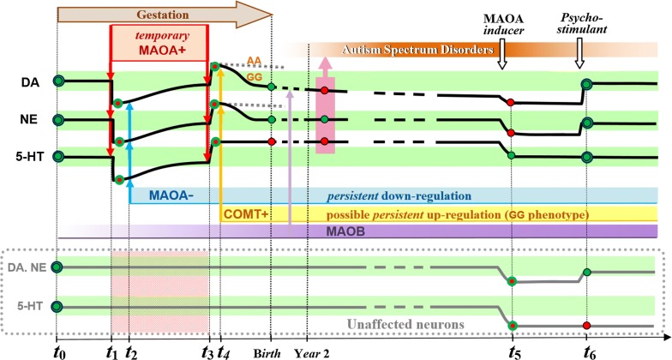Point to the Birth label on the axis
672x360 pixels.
pyautogui.click(x=271, y=350)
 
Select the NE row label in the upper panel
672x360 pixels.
pyautogui.click(x=28, y=119)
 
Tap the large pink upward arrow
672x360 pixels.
pyautogui.click(x=324, y=106)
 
